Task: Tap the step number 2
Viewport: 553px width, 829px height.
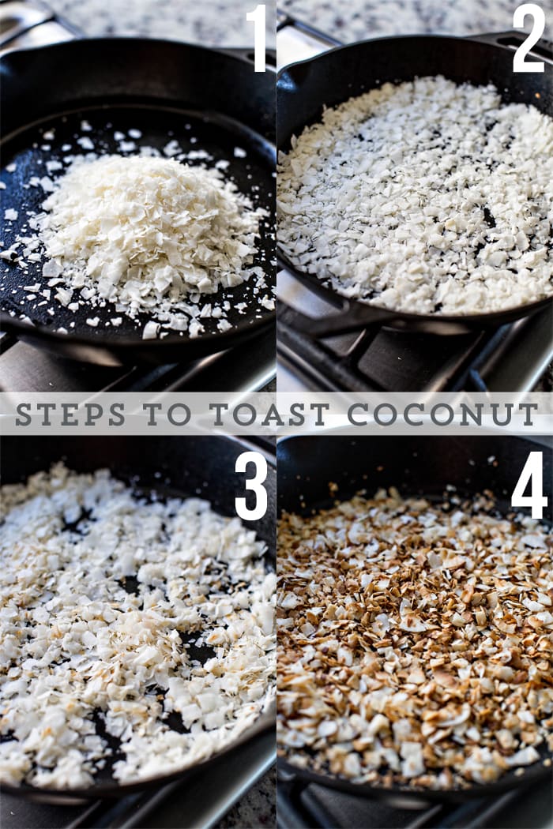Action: coord(528,38)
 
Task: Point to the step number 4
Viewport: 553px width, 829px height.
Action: coord(529,485)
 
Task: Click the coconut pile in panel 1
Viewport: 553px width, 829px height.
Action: coord(150,221)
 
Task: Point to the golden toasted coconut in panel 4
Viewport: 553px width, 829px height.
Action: coord(411,632)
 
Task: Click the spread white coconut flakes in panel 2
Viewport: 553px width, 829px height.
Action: coord(411,197)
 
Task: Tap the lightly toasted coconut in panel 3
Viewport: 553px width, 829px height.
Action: coord(134,632)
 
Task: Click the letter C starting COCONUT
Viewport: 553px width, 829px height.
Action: coord(357,414)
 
